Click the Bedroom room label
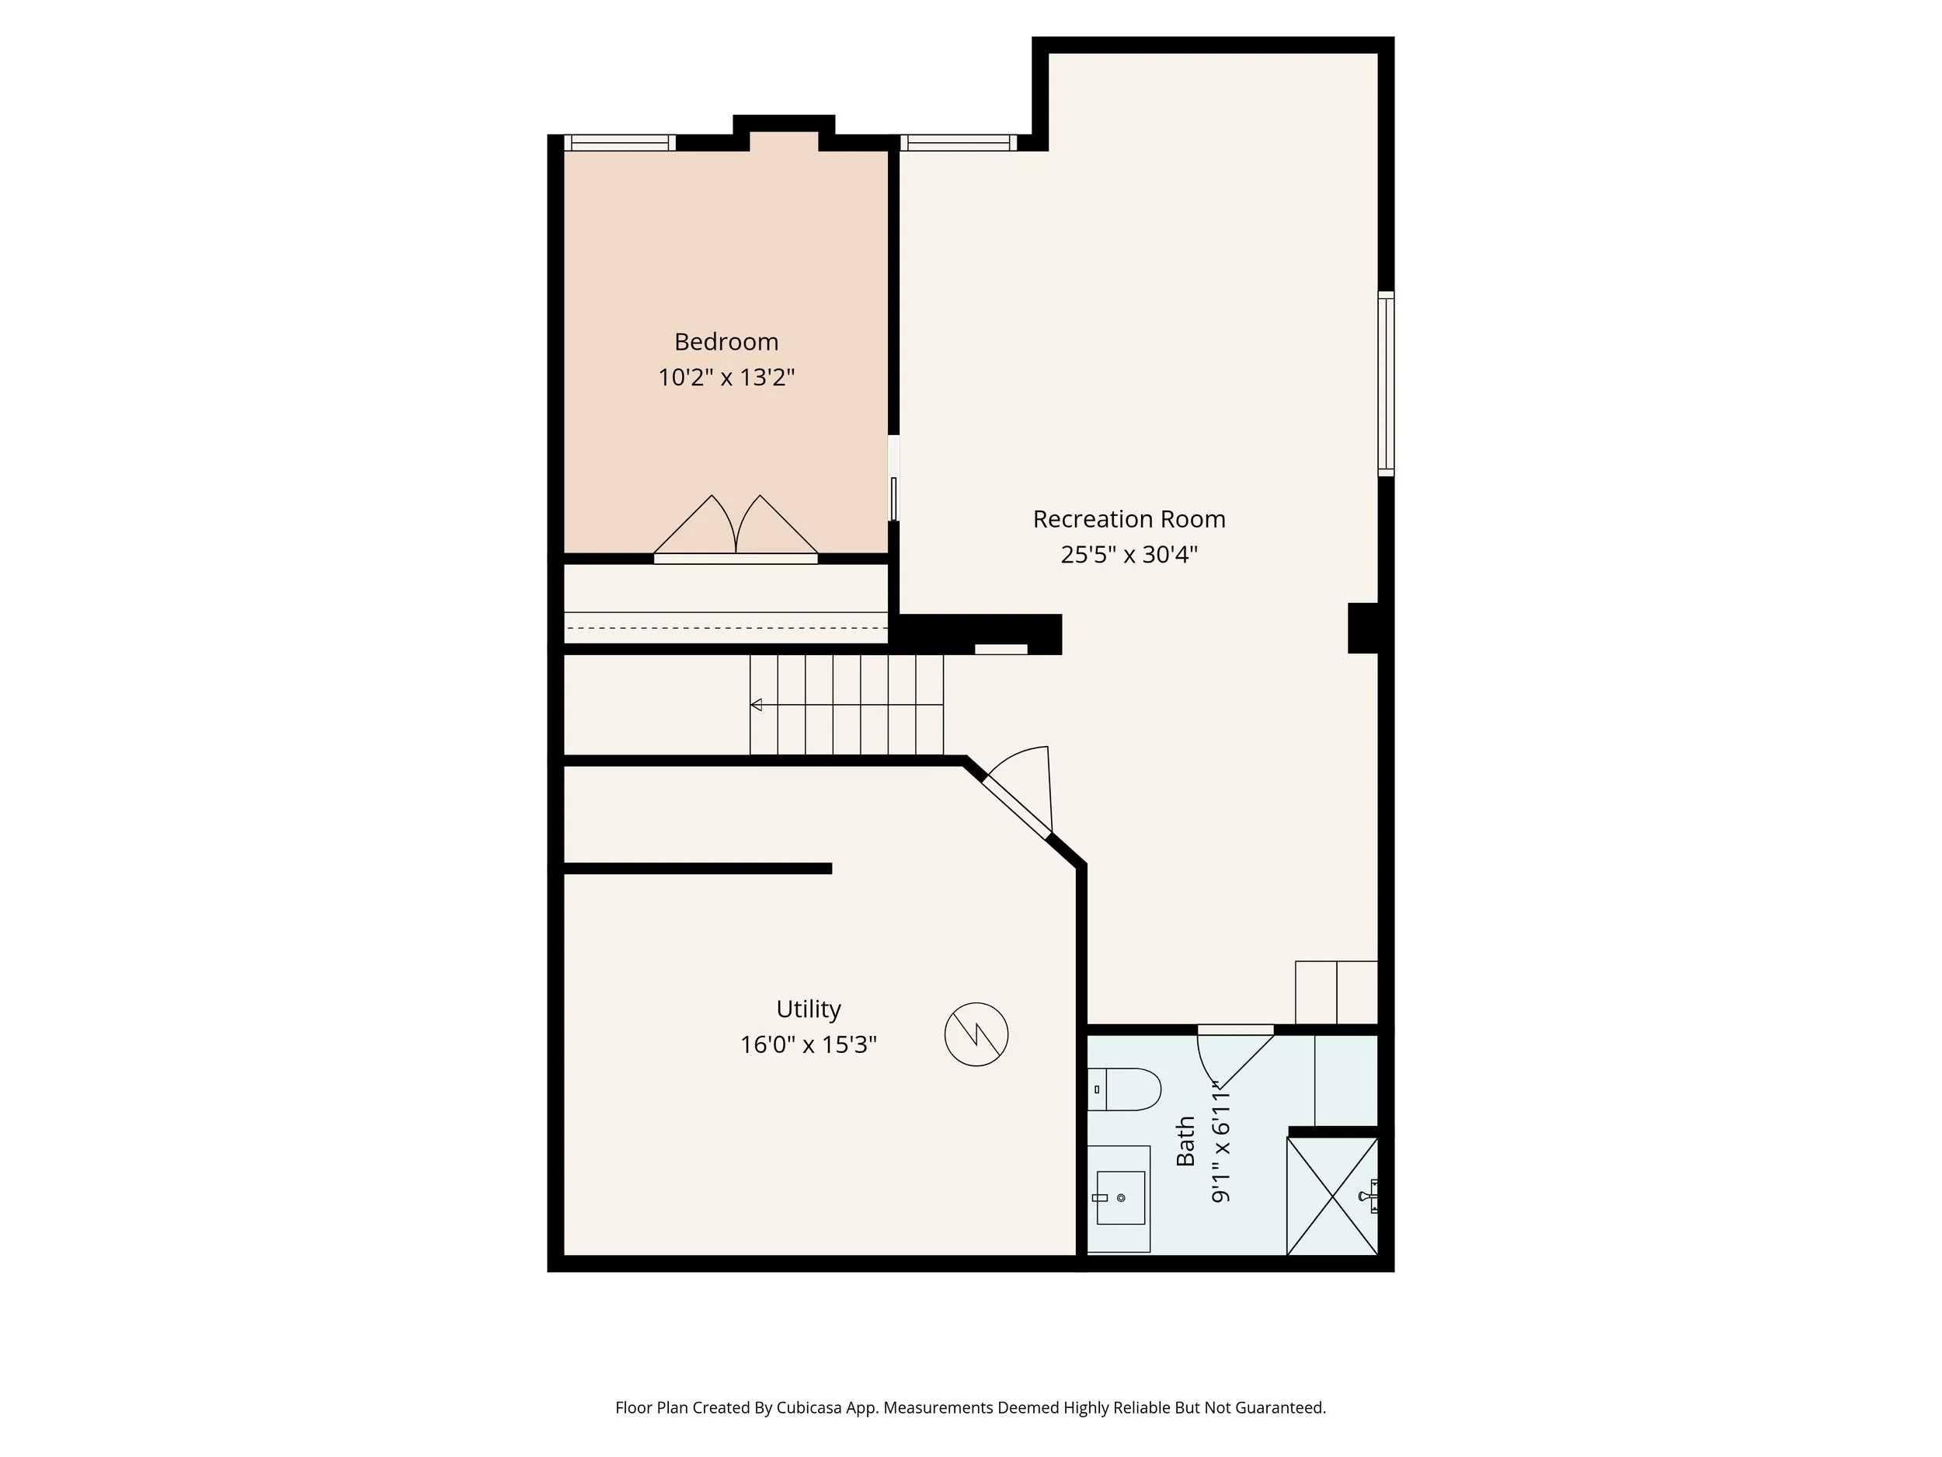(726, 342)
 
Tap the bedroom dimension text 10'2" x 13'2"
(726, 378)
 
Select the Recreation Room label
(1128, 519)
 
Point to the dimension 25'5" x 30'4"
(1128, 555)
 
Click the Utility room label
(808, 1009)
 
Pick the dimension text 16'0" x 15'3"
(808, 1045)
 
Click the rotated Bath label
(1185, 1141)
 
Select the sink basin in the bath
(1120, 1197)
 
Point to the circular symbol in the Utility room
(976, 1034)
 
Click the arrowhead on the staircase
(756, 704)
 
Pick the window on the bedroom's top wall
(619, 143)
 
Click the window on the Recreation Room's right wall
(1385, 384)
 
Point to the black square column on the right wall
(1363, 628)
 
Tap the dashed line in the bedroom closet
(726, 629)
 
